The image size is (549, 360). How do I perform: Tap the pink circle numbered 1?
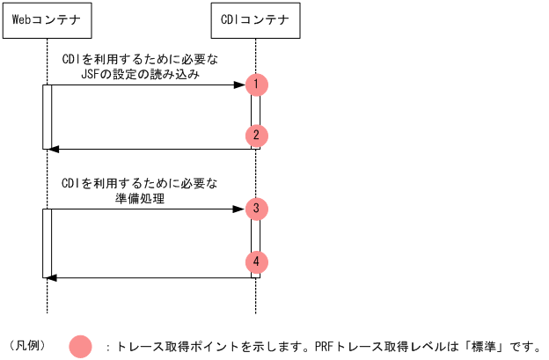pyautogui.click(x=256, y=84)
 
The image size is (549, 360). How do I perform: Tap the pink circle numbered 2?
pyautogui.click(x=256, y=136)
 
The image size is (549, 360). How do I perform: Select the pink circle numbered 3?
pyautogui.click(x=256, y=209)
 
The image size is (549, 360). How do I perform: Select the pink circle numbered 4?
pyautogui.click(x=256, y=261)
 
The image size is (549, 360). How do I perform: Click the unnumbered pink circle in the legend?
pyautogui.click(x=81, y=346)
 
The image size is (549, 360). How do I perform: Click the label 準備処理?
pyautogui.click(x=141, y=199)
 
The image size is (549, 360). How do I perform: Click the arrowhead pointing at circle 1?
pyautogui.click(x=239, y=84)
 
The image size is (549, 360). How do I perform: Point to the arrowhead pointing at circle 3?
pyautogui.click(x=239, y=209)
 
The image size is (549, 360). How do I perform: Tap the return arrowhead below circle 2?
pyautogui.click(x=52, y=150)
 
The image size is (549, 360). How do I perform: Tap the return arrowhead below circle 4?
pyautogui.click(x=52, y=277)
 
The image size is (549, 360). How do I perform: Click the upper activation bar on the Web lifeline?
pyautogui.click(x=47, y=117)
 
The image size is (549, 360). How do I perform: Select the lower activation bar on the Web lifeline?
pyautogui.click(x=47, y=243)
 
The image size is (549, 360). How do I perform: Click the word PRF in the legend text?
pyautogui.click(x=324, y=346)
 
